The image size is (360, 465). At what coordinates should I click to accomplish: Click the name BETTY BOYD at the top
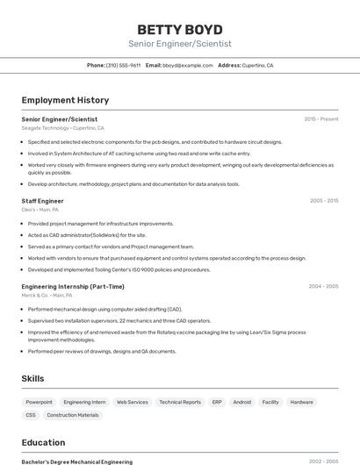coord(180,29)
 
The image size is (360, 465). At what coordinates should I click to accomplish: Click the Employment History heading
coord(65,100)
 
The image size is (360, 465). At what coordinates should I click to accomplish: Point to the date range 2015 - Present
coord(320,118)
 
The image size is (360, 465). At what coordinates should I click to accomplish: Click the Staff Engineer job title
coord(42,201)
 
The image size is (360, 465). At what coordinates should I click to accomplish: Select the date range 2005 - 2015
coord(323,201)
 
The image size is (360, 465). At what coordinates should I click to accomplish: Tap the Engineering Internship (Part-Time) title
coord(73,286)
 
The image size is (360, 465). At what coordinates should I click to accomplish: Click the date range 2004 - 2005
coord(323,286)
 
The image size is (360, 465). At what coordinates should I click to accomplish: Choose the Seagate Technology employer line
coord(62,128)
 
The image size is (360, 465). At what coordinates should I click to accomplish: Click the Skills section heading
coord(33,378)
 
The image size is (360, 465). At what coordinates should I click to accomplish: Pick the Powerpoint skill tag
coord(39,402)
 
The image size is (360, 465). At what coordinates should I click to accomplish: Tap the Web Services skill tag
coord(133,402)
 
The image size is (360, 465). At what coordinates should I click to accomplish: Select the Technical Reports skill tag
coord(180,402)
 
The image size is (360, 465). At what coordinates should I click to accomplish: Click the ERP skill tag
coord(217,402)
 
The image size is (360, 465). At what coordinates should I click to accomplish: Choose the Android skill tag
coord(241,402)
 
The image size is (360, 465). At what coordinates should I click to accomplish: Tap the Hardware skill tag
coord(301,402)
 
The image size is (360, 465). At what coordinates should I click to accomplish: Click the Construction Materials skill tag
coord(73,415)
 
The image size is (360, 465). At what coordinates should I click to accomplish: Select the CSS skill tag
coord(31,415)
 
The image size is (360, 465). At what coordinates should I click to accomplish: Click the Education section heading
coord(43,442)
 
